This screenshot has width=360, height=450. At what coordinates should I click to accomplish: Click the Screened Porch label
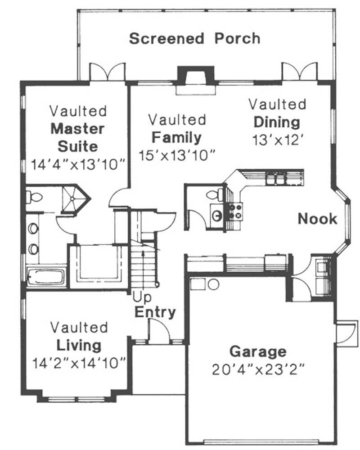point(194,39)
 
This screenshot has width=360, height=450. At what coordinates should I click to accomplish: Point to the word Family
point(176,137)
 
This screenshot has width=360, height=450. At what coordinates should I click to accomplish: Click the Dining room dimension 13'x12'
point(277,139)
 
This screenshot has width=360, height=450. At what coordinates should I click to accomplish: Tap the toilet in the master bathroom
point(34,197)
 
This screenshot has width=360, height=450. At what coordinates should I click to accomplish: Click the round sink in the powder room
point(217,216)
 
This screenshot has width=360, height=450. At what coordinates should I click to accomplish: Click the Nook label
point(317,219)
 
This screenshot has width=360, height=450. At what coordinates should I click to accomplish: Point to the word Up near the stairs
point(142,298)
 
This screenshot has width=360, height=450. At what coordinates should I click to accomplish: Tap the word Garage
point(258,351)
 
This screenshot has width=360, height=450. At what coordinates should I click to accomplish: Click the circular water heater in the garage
point(213,284)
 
